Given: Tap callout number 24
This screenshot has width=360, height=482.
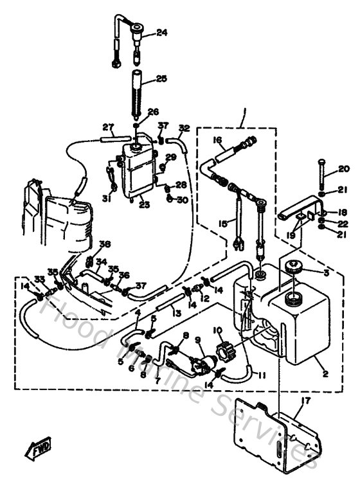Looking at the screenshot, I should pos(161,32).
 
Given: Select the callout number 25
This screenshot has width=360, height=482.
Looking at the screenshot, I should pos(161,78).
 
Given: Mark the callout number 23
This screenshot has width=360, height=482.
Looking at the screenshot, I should pos(144,206).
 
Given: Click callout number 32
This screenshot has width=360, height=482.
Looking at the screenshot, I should pos(184,127).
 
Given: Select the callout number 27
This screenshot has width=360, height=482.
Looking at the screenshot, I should pos(108,126).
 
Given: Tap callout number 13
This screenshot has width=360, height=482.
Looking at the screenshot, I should pos(175,312).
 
